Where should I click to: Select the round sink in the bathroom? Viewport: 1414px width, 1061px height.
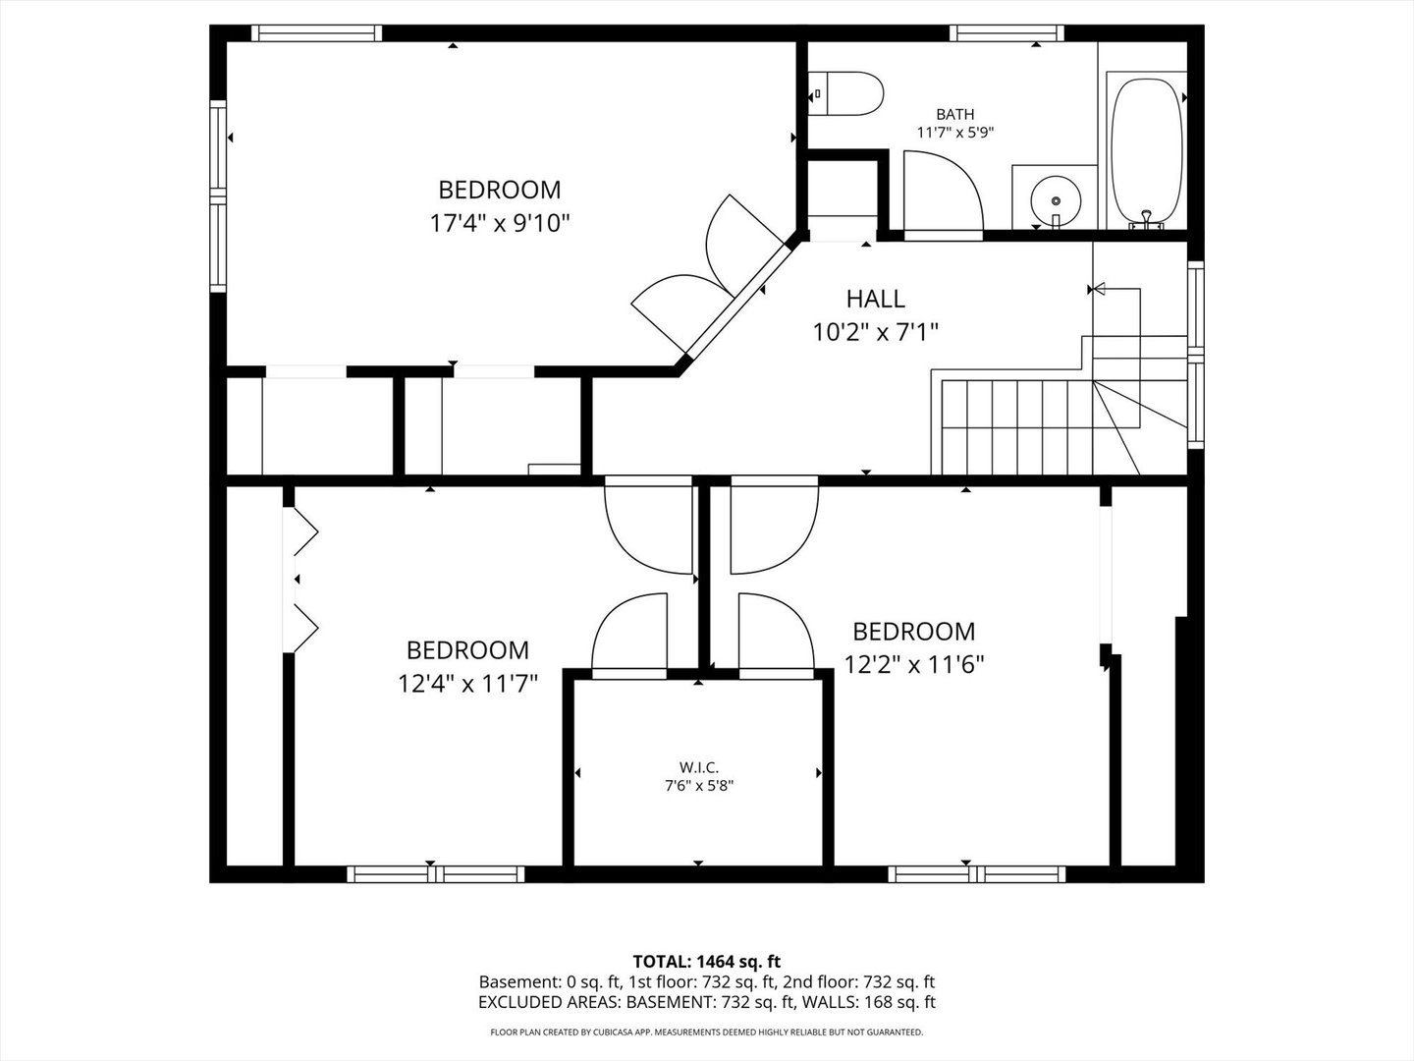coord(1056,199)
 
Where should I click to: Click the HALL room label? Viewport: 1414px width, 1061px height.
coord(875,299)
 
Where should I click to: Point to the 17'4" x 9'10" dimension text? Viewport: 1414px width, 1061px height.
coord(500,223)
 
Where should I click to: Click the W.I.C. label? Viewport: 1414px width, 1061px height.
coord(698,767)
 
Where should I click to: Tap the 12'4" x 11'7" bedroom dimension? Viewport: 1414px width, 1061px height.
coord(467,683)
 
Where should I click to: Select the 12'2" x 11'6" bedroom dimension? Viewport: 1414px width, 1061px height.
coord(914,664)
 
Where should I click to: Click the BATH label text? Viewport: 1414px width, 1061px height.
coord(954,114)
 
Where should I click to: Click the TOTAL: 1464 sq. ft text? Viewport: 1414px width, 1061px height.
coord(706,961)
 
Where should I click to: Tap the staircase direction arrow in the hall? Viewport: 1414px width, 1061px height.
coord(1098,289)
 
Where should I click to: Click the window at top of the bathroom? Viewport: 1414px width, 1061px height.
coord(1006,33)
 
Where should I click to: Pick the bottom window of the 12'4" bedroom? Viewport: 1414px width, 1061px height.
coord(435,874)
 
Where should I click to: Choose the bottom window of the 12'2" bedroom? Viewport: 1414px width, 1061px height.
coord(976,874)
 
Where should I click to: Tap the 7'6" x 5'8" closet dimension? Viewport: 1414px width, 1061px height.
coord(698,786)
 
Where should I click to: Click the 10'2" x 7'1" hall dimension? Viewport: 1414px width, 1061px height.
coord(875,332)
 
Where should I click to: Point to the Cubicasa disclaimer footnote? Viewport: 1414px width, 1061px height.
coord(706,1033)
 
